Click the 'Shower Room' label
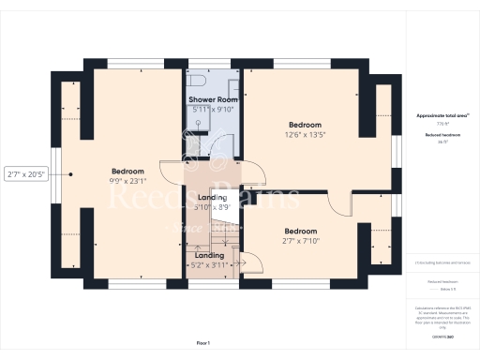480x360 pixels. pyautogui.click(x=215, y=98)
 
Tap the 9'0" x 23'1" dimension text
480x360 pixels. pyautogui.click(x=127, y=183)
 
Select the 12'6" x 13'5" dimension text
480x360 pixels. pyautogui.click(x=305, y=135)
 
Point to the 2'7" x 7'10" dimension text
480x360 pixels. pyautogui.click(x=301, y=242)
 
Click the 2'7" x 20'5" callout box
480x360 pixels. pyautogui.click(x=25, y=173)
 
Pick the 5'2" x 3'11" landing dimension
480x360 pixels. pyautogui.click(x=209, y=265)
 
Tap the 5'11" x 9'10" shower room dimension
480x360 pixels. pyautogui.click(x=215, y=110)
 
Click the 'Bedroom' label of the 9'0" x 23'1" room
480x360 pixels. pyautogui.click(x=127, y=172)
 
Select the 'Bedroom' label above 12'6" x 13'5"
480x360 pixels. pyautogui.click(x=305, y=125)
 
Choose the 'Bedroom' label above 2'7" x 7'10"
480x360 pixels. pyautogui.click(x=301, y=231)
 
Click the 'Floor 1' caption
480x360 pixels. pyautogui.click(x=202, y=344)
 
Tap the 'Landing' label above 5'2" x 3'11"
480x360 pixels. pyautogui.click(x=209, y=255)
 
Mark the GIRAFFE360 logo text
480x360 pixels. pyautogui.click(x=436, y=334)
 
